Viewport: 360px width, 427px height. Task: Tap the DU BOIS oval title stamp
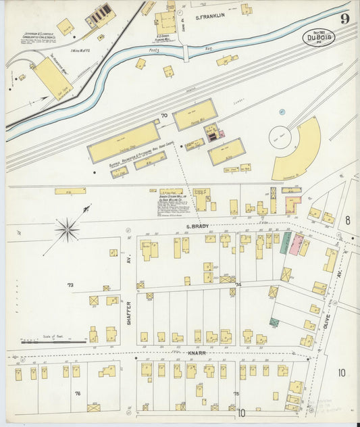point(318,37)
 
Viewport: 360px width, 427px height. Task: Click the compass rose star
point(68,230)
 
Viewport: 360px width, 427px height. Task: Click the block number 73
point(70,285)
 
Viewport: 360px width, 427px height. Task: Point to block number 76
point(77,393)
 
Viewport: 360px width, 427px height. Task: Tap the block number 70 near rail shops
point(163,116)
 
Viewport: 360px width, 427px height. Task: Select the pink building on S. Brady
point(297,244)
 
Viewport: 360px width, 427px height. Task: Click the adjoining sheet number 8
point(347,220)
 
